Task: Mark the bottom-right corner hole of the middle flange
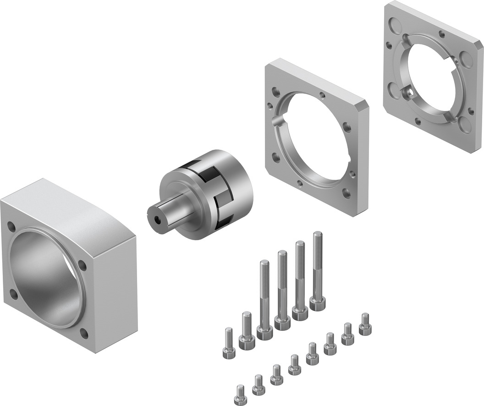346,193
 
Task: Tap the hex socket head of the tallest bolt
318,303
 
